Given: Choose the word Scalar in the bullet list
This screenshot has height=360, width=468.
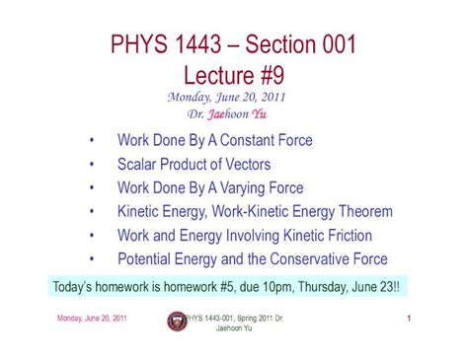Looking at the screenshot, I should [x=139, y=164].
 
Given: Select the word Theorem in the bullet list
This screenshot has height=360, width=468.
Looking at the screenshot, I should [x=361, y=211].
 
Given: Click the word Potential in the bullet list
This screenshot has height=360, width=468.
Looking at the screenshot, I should [x=147, y=259].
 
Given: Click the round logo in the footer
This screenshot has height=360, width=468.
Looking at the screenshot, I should [x=178, y=321].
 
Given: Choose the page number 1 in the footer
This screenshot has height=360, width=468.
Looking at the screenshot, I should [x=407, y=317].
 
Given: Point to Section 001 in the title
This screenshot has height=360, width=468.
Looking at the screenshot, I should [x=310, y=45].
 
